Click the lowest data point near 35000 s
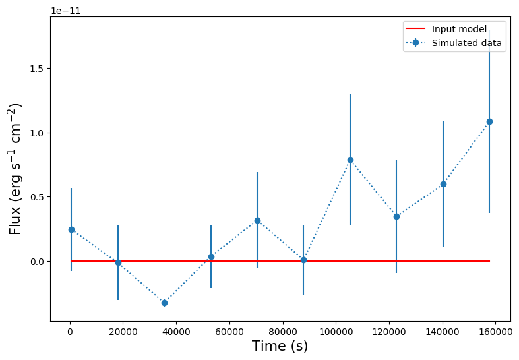pos(164,303)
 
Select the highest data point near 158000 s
pos(489,121)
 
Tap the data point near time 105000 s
pos(350,160)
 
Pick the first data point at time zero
pos(71,229)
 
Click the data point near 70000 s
pos(257,220)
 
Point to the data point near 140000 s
pos(443,184)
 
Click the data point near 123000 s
pos(396,216)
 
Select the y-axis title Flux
pos(15,168)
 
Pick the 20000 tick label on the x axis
pos(123,332)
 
